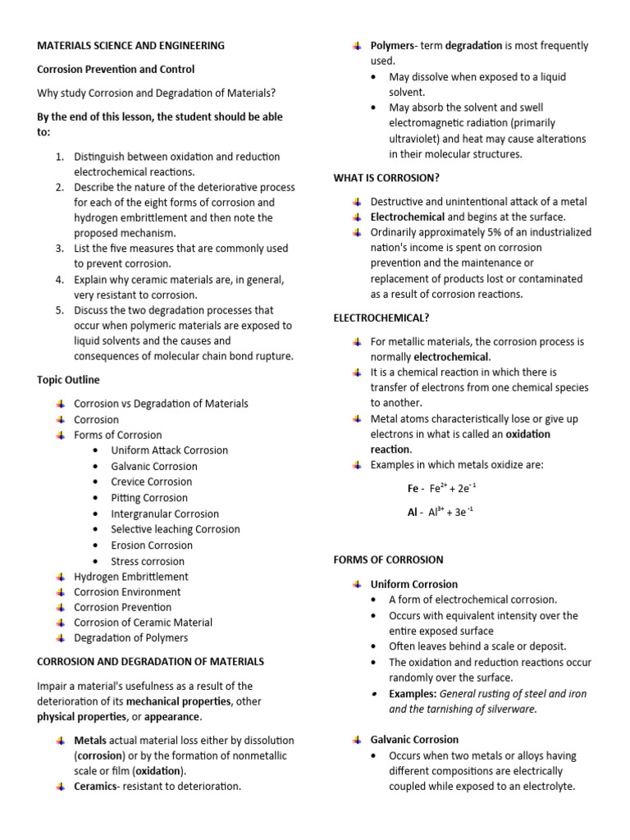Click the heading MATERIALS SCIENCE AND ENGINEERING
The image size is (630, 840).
[x=130, y=46]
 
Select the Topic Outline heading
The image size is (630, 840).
[x=68, y=380]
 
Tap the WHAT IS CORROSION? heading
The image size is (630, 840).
[x=386, y=177]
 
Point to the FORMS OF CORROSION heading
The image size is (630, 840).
[x=388, y=559]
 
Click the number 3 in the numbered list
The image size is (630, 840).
[x=60, y=248]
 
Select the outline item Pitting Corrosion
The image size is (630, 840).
[x=149, y=498]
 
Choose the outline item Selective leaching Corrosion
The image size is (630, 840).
[x=176, y=529]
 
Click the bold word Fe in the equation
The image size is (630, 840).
[x=413, y=489]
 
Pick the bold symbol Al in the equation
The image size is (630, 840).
[x=412, y=513]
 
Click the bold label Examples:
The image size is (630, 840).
[x=413, y=693]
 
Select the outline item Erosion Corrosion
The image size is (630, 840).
[x=152, y=546]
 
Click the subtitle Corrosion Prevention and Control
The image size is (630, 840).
[x=116, y=70]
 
